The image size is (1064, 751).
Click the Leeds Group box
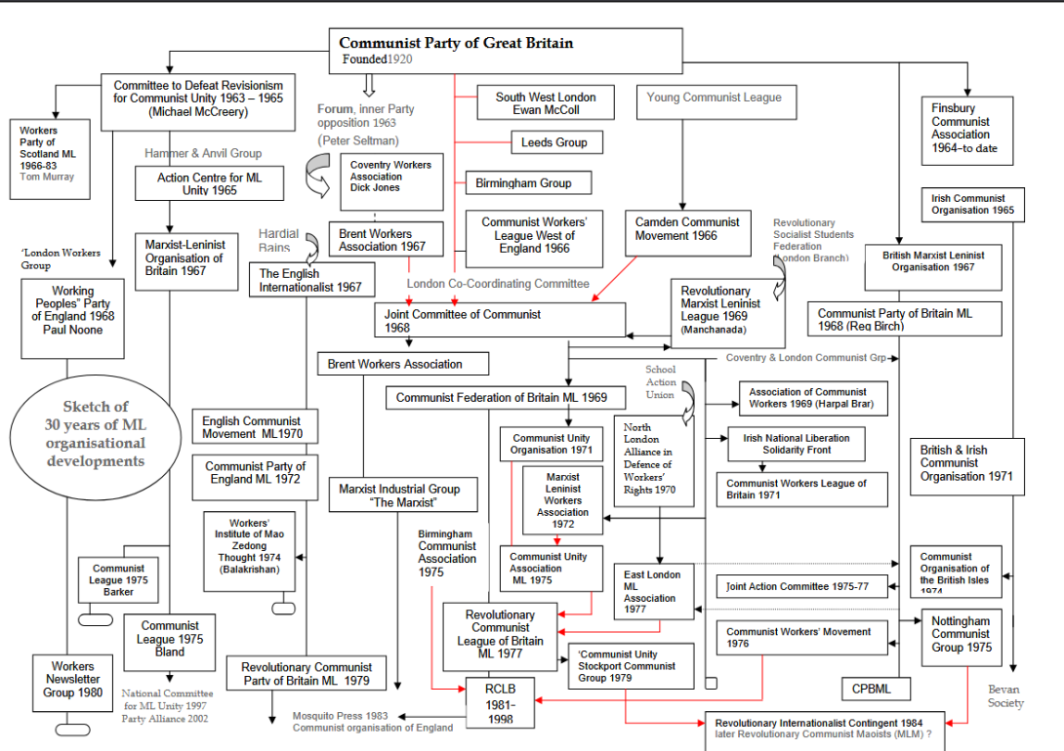coord(554,142)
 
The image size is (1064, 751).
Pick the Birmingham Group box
coord(523,182)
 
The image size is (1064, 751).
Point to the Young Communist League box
coord(714,98)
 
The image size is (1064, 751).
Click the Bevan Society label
coord(1004,695)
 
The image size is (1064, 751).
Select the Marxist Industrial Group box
coord(402,494)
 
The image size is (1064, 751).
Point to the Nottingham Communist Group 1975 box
coord(961,634)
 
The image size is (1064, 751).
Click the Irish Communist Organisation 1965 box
coord(972,204)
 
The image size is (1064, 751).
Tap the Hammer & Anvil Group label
coord(203,153)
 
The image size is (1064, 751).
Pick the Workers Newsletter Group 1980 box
coord(72,680)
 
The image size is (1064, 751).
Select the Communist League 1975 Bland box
coord(170,639)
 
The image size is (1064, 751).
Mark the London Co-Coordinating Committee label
coord(498,284)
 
